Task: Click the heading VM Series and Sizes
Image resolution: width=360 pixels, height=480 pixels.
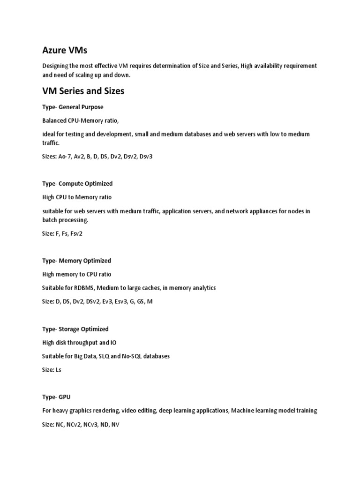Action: click(83, 91)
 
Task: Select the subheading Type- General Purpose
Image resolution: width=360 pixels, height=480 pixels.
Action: click(73, 107)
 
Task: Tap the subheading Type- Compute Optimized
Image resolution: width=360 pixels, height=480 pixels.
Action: click(77, 183)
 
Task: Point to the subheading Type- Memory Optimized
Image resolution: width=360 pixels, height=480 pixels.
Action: click(76, 261)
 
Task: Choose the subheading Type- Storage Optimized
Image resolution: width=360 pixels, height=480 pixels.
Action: click(75, 329)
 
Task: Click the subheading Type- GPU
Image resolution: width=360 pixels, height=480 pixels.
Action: click(56, 397)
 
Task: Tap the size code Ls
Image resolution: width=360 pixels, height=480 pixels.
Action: click(58, 370)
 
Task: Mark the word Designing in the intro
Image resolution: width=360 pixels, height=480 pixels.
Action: click(55, 66)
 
